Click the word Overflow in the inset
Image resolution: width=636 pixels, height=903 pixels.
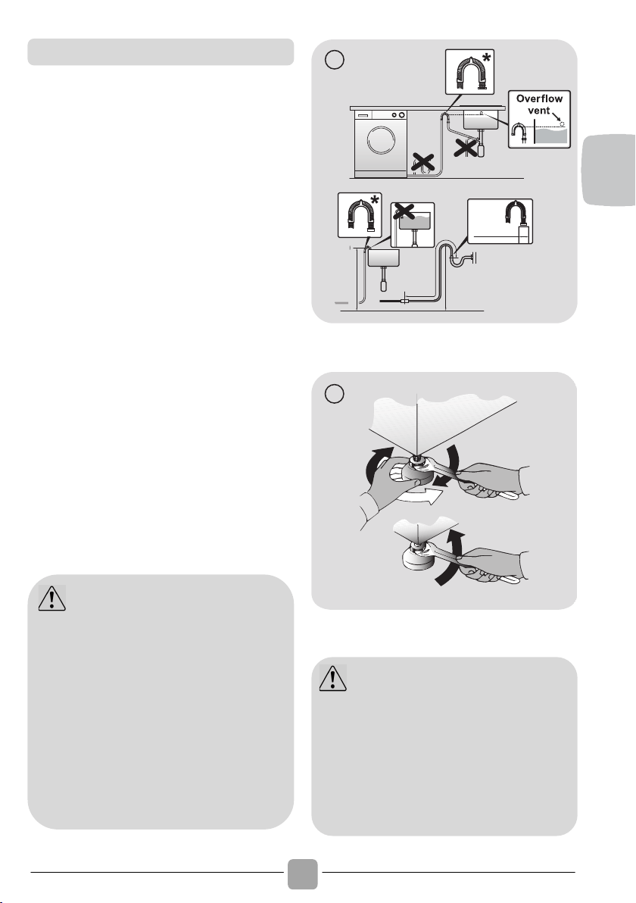click(539, 98)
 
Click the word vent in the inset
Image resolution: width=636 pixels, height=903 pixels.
click(539, 110)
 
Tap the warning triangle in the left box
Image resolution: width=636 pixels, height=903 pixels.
click(51, 598)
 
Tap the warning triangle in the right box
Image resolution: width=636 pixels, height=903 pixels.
click(332, 678)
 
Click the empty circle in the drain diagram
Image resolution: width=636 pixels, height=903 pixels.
click(335, 60)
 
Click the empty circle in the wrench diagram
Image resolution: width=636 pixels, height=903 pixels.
click(335, 393)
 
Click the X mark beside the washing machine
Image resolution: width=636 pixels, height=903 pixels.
click(423, 162)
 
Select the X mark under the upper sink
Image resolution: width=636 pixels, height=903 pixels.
click(466, 145)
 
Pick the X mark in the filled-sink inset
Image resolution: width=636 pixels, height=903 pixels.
click(404, 211)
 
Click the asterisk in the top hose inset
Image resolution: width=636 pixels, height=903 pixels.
click(488, 58)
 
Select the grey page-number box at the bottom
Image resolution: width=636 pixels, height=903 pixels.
click(303, 873)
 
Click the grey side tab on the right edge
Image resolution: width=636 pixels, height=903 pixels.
click(609, 170)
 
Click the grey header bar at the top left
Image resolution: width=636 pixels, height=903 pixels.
click(161, 52)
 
